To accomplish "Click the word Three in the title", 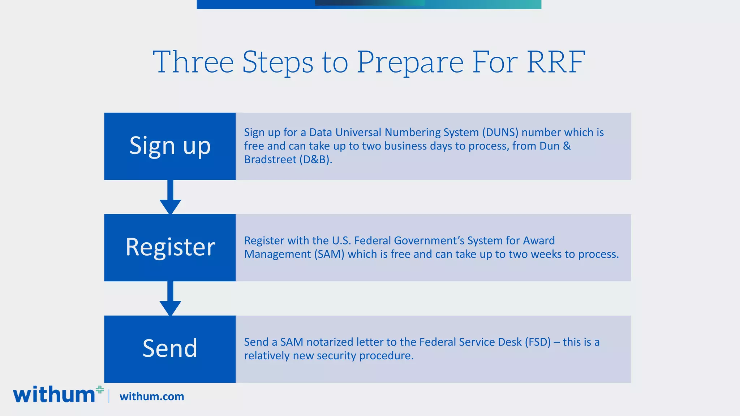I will pos(193,62).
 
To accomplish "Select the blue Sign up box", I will pos(170,146).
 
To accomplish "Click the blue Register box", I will pos(170,248).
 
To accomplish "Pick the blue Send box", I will pos(170,349).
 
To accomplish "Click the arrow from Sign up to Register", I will pos(170,198).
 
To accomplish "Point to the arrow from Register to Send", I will pos(170,299).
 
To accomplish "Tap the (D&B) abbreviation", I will pos(315,160).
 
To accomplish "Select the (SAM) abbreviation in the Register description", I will pos(329,254).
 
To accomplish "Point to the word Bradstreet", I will pos(270,160).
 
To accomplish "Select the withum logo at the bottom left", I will pos(54,395).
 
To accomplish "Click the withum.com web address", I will pos(152,396).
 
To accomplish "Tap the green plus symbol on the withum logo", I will pos(100,390).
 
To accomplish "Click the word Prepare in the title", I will pos(410,62).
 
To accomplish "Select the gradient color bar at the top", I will pos(369,4).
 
